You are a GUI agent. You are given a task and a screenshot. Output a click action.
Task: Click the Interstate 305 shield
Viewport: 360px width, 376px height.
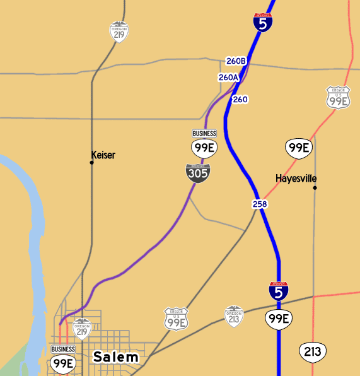click(198, 173)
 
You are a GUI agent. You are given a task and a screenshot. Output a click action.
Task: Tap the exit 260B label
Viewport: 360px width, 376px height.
click(236, 61)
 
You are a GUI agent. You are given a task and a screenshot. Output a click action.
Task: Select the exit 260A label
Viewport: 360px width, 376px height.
click(228, 78)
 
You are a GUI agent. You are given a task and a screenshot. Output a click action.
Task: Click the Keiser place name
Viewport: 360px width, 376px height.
click(103, 155)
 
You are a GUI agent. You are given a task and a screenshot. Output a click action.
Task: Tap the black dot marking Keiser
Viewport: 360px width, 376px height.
click(92, 163)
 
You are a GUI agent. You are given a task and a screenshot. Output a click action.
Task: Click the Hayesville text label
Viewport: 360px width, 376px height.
click(296, 179)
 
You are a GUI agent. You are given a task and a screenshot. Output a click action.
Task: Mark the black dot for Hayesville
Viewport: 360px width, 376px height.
click(315, 187)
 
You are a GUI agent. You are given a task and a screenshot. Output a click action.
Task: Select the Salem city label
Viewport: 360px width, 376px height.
click(116, 358)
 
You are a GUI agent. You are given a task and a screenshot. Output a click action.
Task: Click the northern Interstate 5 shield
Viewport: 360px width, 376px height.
click(264, 23)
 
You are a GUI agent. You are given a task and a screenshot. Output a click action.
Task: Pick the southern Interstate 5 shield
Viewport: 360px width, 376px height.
click(279, 291)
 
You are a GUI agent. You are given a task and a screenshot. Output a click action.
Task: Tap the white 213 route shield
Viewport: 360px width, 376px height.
click(313, 351)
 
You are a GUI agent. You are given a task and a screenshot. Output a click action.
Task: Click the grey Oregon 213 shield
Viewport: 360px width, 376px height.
click(234, 317)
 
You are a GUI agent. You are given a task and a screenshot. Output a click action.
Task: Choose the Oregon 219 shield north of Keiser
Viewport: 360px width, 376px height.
click(119, 33)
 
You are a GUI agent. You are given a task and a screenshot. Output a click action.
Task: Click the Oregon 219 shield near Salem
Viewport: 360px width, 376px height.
click(82, 329)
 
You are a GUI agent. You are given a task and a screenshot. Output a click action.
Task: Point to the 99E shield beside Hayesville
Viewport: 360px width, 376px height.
click(298, 148)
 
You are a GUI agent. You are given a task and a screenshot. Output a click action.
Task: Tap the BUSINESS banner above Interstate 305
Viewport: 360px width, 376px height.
click(204, 134)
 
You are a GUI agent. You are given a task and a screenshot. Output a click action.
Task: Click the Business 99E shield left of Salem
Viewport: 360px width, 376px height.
click(63, 363)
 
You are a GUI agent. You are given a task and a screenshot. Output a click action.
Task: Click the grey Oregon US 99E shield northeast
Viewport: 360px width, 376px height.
click(338, 98)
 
